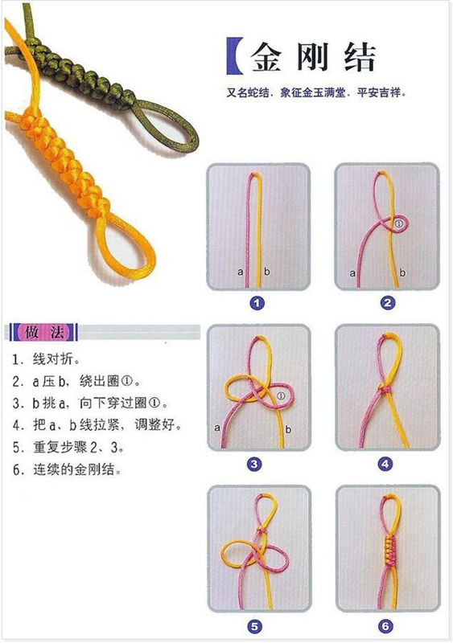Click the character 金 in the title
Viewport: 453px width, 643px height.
[x=266, y=56]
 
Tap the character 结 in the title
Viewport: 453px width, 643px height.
[x=360, y=56]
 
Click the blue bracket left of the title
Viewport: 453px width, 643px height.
[x=233, y=56]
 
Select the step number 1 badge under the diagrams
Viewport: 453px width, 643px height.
[x=257, y=304]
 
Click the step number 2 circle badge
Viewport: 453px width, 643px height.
[x=387, y=304]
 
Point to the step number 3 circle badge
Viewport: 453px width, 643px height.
[x=254, y=465]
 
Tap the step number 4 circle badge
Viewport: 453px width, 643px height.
[x=385, y=465]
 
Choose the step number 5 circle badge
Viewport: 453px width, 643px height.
[x=254, y=627]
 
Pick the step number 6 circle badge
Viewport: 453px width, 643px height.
[x=385, y=627]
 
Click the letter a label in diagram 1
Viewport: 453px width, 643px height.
[x=241, y=272]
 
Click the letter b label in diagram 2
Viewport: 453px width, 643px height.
[x=402, y=272]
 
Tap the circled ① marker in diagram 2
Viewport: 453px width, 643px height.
[x=399, y=223]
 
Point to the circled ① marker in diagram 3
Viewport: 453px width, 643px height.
[x=281, y=395]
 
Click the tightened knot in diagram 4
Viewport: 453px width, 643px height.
[x=385, y=388]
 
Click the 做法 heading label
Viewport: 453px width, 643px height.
[x=43, y=332]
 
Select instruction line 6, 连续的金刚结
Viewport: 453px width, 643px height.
[x=67, y=469]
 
